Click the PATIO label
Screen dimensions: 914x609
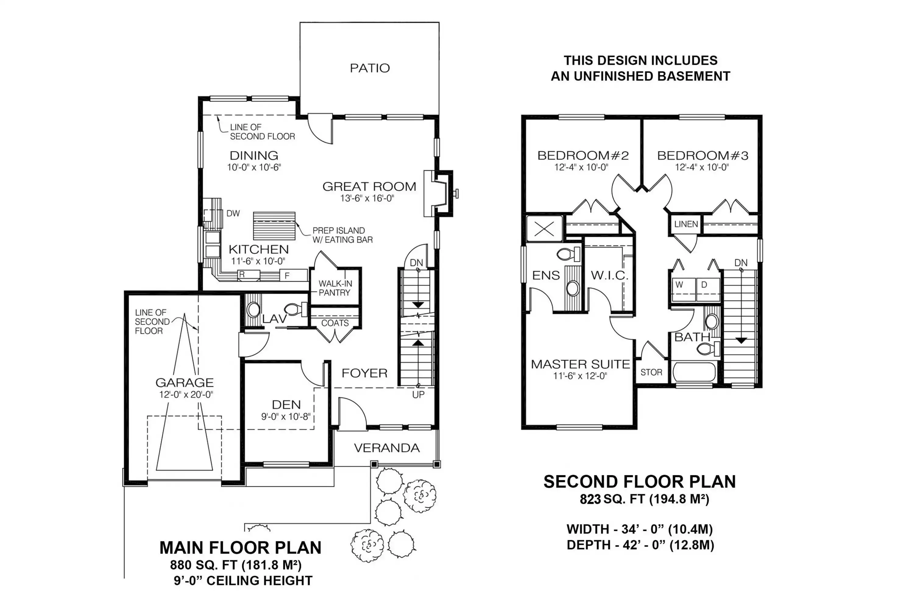(x=370, y=68)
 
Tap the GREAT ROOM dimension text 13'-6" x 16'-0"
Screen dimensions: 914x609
(x=367, y=199)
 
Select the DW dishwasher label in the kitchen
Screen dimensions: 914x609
(x=233, y=213)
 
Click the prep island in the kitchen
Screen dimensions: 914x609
(x=274, y=226)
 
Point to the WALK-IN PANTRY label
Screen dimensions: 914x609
(x=335, y=288)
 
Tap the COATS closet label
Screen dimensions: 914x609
(x=335, y=323)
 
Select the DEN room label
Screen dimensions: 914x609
(x=286, y=405)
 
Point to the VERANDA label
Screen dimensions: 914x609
(x=387, y=448)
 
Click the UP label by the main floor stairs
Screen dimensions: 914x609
(x=418, y=395)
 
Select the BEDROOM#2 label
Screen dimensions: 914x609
(x=583, y=156)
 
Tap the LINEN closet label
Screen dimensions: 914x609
(x=686, y=224)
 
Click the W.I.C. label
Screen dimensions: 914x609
(x=609, y=275)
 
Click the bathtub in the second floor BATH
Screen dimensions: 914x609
(x=694, y=372)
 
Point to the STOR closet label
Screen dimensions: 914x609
(x=651, y=372)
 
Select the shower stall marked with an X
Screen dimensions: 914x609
(x=544, y=229)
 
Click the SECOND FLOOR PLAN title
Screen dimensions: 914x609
(x=639, y=482)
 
